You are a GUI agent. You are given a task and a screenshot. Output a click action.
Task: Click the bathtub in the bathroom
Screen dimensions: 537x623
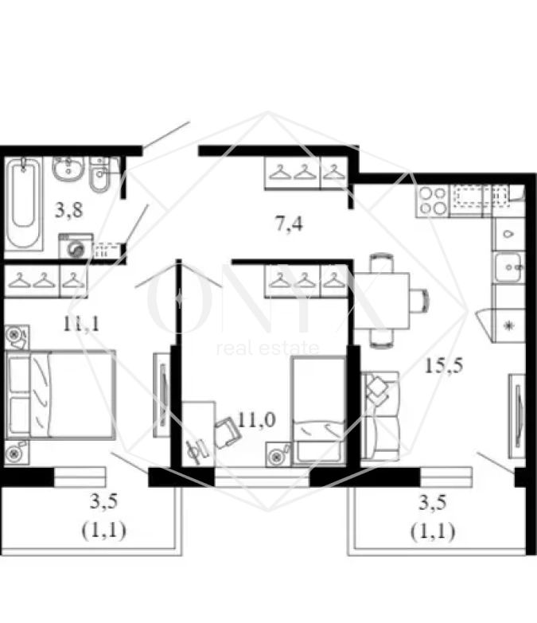(23, 204)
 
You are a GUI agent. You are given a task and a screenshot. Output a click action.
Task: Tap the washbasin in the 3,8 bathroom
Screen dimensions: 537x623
(68, 169)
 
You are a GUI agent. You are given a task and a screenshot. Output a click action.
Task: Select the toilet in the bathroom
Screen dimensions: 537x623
(101, 174)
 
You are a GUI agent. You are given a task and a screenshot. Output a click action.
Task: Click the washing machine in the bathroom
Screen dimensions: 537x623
(76, 247)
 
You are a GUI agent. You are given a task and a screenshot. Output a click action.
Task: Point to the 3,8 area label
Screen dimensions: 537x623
(68, 210)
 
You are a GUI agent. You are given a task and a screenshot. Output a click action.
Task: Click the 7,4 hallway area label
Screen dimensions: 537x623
(289, 224)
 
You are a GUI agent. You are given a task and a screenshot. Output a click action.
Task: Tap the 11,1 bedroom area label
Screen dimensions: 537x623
(81, 324)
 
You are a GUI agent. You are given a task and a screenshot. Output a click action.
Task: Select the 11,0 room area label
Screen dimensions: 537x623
(257, 419)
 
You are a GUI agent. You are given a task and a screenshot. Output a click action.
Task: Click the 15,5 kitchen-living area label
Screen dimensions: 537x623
(444, 365)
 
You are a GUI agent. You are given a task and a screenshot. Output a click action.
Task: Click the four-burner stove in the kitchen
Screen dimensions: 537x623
(433, 201)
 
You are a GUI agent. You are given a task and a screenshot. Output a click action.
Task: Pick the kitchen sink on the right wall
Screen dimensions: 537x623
(508, 267)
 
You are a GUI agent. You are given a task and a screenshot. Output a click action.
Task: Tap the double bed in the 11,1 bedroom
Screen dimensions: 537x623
(60, 394)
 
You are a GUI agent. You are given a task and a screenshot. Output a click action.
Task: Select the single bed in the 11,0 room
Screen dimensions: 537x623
(318, 411)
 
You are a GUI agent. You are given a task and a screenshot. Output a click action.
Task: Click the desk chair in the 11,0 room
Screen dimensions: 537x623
(228, 432)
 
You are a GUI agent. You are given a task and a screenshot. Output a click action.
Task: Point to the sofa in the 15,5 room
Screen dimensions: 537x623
(379, 415)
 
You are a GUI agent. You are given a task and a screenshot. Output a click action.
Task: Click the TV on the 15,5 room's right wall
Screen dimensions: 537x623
(518, 416)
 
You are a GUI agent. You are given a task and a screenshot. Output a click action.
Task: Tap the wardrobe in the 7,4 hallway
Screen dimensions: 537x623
(305, 173)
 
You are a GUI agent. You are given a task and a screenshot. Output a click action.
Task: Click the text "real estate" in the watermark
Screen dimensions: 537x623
(268, 348)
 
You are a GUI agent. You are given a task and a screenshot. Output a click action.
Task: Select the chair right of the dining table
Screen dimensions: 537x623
(419, 301)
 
